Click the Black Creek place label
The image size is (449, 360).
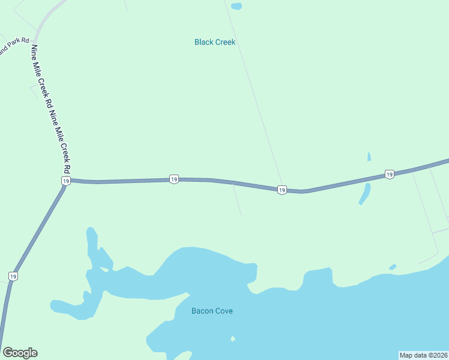(x=214, y=42)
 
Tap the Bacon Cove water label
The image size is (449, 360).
(x=211, y=311)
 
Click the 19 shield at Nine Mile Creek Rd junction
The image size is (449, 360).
(x=65, y=181)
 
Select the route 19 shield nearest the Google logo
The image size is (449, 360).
(x=13, y=276)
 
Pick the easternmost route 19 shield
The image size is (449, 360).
(x=389, y=174)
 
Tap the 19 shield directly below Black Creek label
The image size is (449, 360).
(x=173, y=179)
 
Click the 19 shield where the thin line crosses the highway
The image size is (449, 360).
(x=281, y=190)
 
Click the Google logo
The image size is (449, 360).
(x=20, y=353)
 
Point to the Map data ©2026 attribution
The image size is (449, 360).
(x=423, y=355)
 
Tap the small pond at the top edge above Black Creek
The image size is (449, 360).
(x=237, y=7)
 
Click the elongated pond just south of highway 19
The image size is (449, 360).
(x=364, y=193)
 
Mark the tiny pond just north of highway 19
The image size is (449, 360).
(x=369, y=157)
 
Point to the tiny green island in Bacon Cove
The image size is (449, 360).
(x=233, y=338)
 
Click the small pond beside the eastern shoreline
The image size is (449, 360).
(x=393, y=267)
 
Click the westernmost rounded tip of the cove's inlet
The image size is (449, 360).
(x=54, y=306)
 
